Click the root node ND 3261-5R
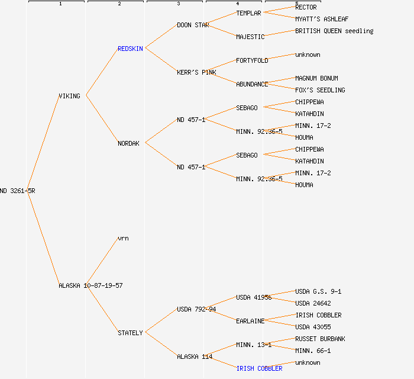tap(17, 191)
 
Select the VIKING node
tap(69, 96)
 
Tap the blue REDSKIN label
tap(130, 49)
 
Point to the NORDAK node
tap(128, 143)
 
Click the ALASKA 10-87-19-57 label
tap(90, 285)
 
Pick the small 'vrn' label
tap(123, 238)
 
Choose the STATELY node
tap(130, 333)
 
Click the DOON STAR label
tap(193, 25)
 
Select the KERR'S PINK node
tap(196, 72)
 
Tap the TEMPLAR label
tap(248, 13)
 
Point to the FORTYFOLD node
tap(252, 60)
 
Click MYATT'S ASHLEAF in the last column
tap(322, 19)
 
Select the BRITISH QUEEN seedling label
tap(334, 31)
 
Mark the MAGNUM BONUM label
tap(316, 78)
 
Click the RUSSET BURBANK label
tap(320, 339)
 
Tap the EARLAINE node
tap(250, 321)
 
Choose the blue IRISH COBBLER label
tap(259, 368)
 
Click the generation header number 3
tap(178, 4)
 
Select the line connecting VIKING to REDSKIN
tap(102, 72)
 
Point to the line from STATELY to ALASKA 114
tap(161, 344)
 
